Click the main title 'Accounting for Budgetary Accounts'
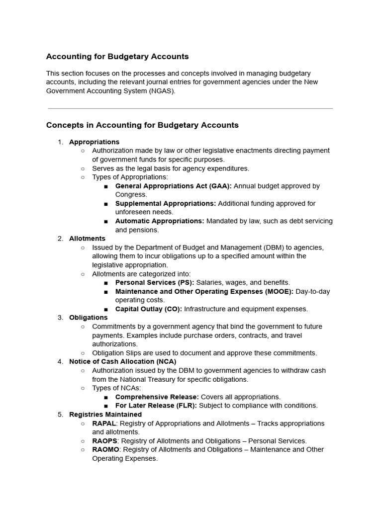pyautogui.click(x=117, y=57)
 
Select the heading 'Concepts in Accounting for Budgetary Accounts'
pyautogui.click(x=142, y=125)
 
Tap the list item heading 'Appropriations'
pyautogui.click(x=94, y=142)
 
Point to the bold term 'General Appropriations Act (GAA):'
pyautogui.click(x=173, y=186)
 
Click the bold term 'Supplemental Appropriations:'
pyautogui.click(x=166, y=203)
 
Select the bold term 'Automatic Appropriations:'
pyautogui.click(x=160, y=221)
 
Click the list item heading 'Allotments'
pyautogui.click(x=87, y=239)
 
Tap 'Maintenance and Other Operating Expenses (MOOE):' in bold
pyautogui.click(x=204, y=291)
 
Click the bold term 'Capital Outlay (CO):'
pyautogui.click(x=149, y=309)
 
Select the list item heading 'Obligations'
pyautogui.click(x=88, y=318)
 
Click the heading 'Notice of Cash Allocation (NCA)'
pyautogui.click(x=122, y=361)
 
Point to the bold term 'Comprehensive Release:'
pyautogui.click(x=157, y=397)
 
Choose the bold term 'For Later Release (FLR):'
pyautogui.click(x=156, y=406)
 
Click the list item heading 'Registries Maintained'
pyautogui.click(x=105, y=415)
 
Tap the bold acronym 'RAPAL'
pyautogui.click(x=104, y=424)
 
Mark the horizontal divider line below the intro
pyautogui.click(x=191, y=108)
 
